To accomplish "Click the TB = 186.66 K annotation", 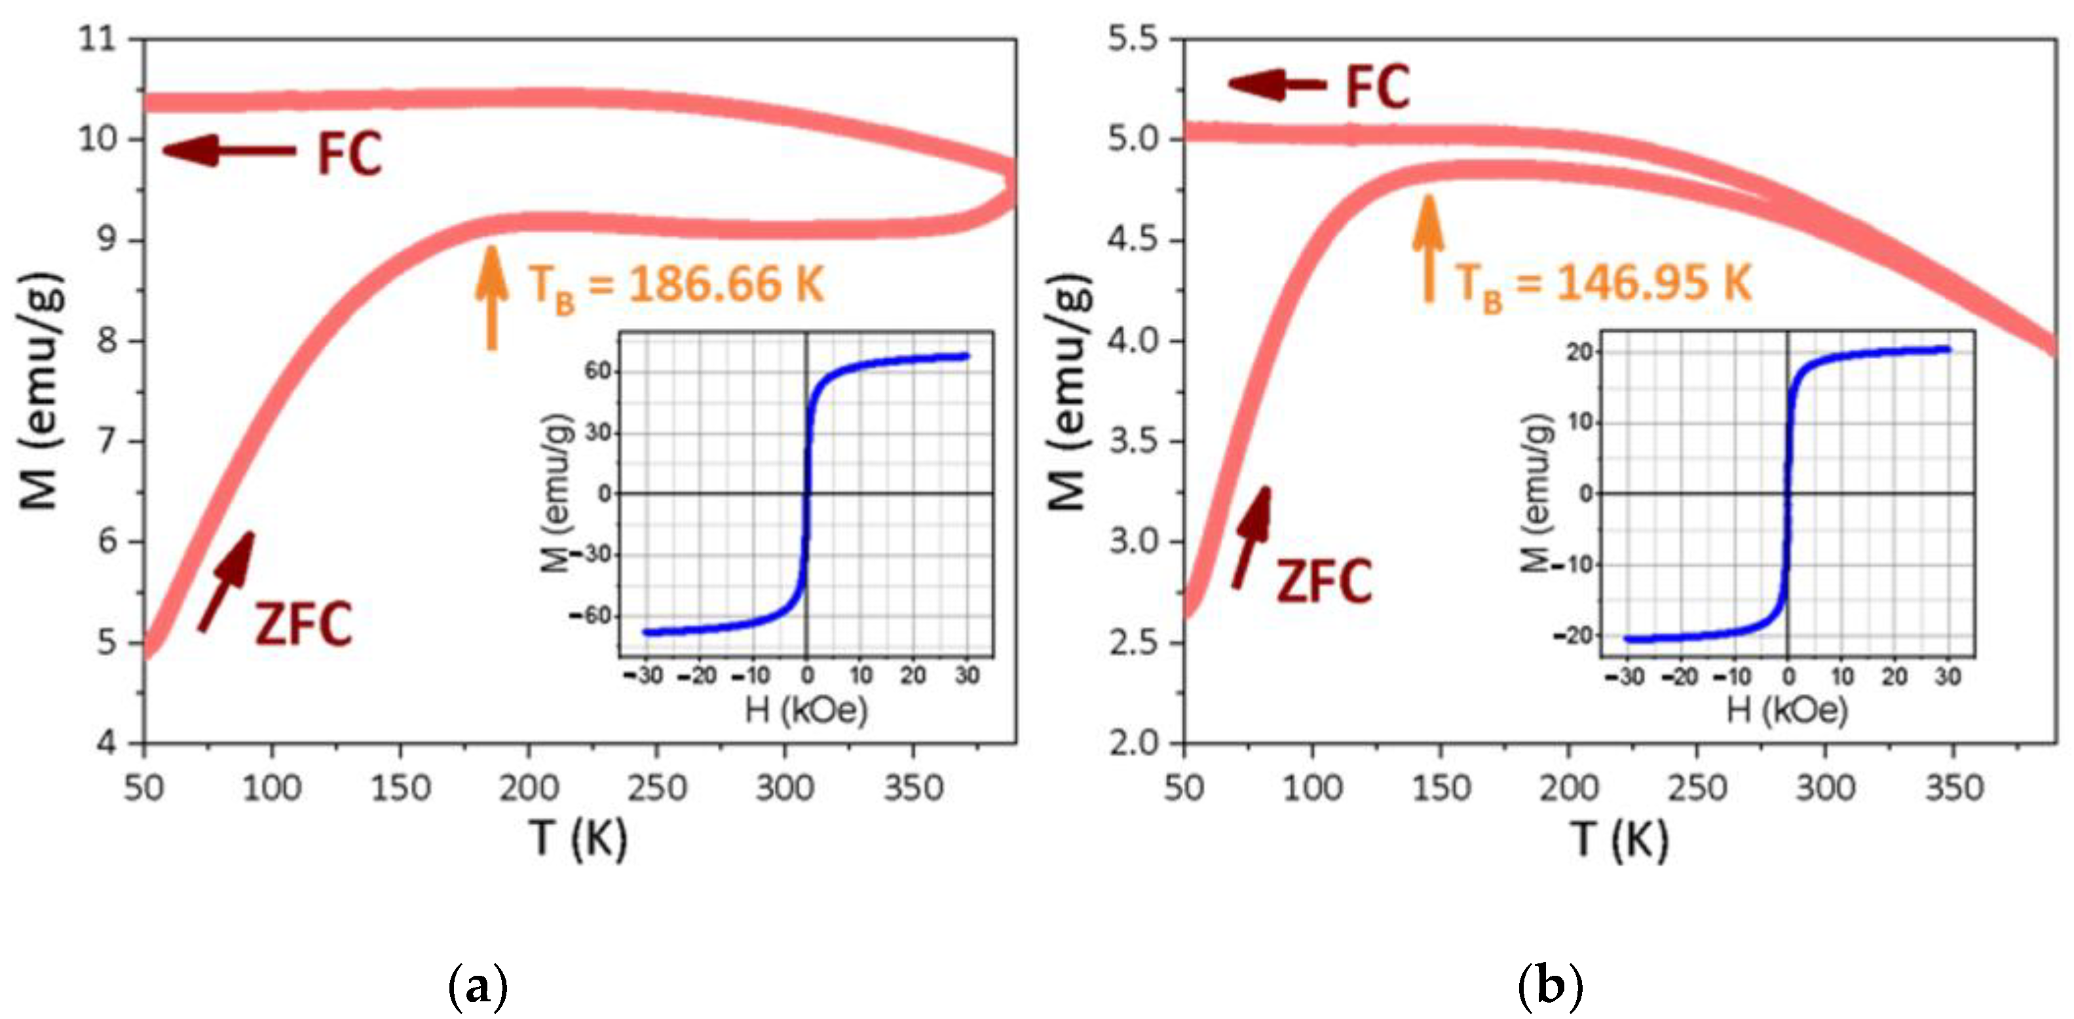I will click(x=676, y=286).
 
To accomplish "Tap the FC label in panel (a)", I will click(x=349, y=154).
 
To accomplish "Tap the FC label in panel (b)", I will click(x=1378, y=88).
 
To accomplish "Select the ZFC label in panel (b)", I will click(x=1325, y=581).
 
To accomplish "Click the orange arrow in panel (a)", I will click(x=491, y=298).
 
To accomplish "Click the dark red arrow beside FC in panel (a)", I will click(x=229, y=151).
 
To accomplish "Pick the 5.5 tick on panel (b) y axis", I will click(x=1133, y=39).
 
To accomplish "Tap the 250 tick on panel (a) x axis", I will click(x=656, y=787).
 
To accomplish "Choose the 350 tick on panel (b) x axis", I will click(x=1953, y=787).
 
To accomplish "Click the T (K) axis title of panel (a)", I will click(x=578, y=839).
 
